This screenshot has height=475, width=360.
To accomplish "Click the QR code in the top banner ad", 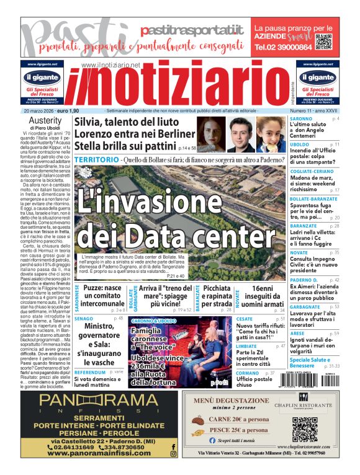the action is point(323,43).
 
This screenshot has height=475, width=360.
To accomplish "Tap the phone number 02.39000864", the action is point(284,47).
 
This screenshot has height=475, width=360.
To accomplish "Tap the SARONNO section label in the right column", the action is point(301,118).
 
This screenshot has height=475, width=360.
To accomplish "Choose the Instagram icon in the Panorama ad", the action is point(173,454).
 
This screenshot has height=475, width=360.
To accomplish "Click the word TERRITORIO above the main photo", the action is point(96,160).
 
